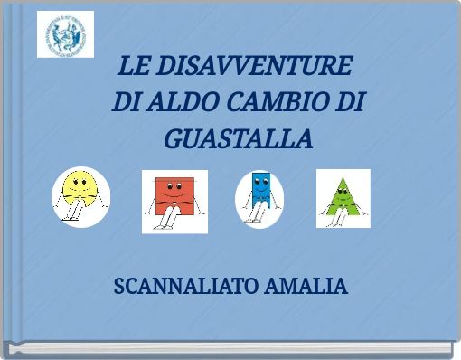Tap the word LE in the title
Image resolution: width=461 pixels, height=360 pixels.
coord(134,67)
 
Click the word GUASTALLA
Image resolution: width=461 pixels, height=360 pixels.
coord(239,140)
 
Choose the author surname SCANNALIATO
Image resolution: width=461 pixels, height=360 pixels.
coord(187,287)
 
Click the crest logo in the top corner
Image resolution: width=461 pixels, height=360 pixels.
coord(65,34)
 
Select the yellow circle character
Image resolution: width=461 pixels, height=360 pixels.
coord(80,186)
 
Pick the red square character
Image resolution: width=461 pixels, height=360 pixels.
coord(174,192)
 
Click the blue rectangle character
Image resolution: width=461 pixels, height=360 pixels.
coord(260,187)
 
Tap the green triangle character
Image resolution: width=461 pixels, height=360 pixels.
coord(343,194)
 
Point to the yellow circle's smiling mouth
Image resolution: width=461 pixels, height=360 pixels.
coord(80,192)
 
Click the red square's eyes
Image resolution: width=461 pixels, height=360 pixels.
coord(174,185)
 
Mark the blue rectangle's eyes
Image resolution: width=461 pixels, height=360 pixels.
coord(260,181)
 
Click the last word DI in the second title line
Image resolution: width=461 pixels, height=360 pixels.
coord(352,103)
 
